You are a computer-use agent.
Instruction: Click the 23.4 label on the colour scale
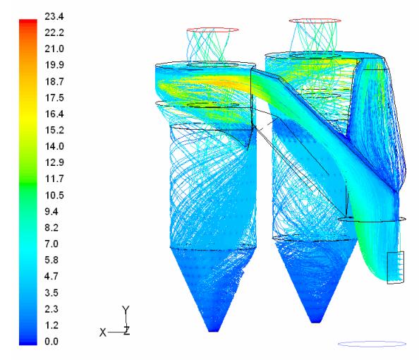[54, 16]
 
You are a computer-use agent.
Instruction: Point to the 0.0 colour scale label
[51, 341]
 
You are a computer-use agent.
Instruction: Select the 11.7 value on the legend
[54, 179]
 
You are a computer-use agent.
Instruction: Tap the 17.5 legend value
[54, 97]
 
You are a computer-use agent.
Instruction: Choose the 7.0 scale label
[51, 244]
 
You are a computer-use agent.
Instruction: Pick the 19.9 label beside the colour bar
[54, 65]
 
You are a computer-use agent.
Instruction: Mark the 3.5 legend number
[51, 293]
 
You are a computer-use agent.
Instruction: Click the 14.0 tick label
[54, 146]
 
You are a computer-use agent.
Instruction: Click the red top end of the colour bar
[28, 21]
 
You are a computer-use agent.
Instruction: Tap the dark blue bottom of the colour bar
[28, 342]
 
